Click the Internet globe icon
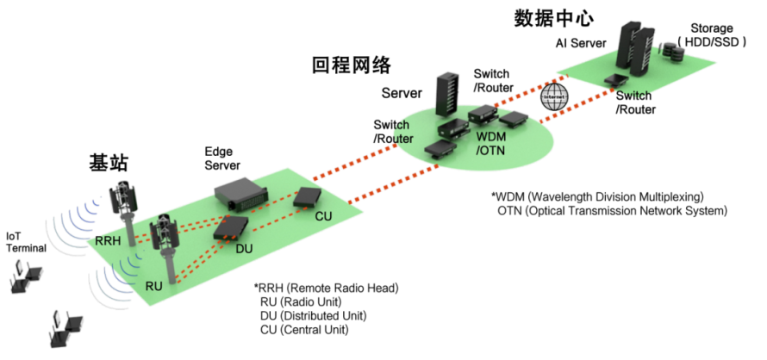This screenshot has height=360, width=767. (x=553, y=98)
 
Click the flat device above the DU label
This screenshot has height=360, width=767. (x=233, y=226)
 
